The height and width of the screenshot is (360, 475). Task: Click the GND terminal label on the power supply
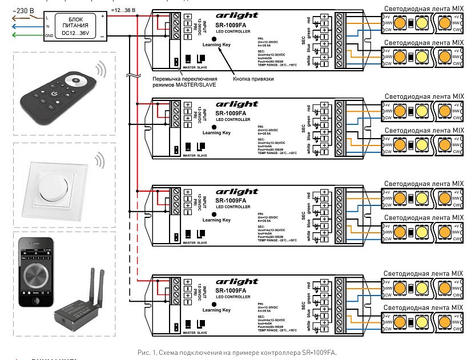[50, 37]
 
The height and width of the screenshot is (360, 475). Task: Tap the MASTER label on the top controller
[189, 67]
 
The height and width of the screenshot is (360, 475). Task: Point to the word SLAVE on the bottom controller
[202, 331]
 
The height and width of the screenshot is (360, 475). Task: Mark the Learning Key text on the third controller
[216, 220]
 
